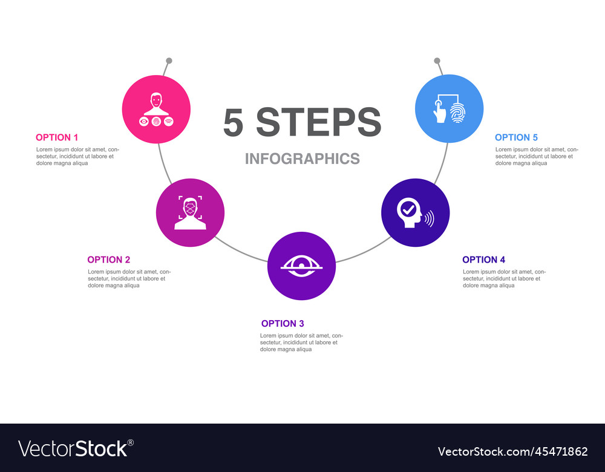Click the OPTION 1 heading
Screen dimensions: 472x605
point(57,137)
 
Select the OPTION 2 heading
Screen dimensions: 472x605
point(109,260)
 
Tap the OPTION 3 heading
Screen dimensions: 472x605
point(283,324)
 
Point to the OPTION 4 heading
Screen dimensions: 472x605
point(483,260)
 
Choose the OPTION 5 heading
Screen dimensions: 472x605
point(516,137)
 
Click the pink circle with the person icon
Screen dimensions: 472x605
point(156,109)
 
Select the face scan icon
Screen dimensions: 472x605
point(190,212)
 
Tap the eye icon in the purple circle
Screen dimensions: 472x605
point(301,266)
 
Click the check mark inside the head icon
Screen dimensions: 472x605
point(409,210)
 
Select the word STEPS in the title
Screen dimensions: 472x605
point(319,123)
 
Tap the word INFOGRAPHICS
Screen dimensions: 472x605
point(302,159)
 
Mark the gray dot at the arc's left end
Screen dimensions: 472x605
point(169,61)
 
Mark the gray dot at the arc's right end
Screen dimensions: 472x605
point(436,61)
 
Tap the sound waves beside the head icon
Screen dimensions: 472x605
point(429,218)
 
